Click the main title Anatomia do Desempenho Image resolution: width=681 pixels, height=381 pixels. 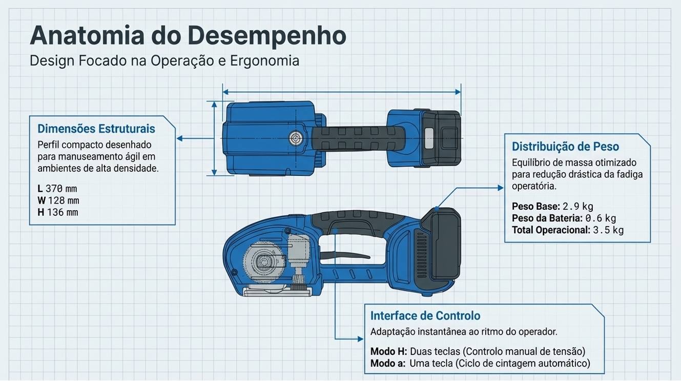[188, 36]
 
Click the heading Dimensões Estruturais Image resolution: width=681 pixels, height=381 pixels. [96, 128]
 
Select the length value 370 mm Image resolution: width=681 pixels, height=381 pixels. [61, 189]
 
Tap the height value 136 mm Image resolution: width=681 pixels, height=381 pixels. [62, 212]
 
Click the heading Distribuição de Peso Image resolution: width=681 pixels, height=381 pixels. [565, 147]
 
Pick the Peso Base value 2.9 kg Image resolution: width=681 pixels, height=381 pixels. [577, 207]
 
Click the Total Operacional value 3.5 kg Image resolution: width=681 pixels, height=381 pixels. [608, 230]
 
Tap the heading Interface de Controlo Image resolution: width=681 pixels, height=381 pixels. [425, 315]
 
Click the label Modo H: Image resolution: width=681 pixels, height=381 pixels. [388, 351]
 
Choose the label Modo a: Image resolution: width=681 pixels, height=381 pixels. [388, 364]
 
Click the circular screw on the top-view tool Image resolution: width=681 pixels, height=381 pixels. [296, 137]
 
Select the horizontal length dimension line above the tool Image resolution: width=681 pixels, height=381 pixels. [341, 92]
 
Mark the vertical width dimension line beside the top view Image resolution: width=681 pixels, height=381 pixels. [214, 138]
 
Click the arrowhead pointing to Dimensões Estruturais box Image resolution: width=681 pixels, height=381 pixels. [180, 138]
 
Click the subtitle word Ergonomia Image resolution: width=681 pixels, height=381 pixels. [264, 61]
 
